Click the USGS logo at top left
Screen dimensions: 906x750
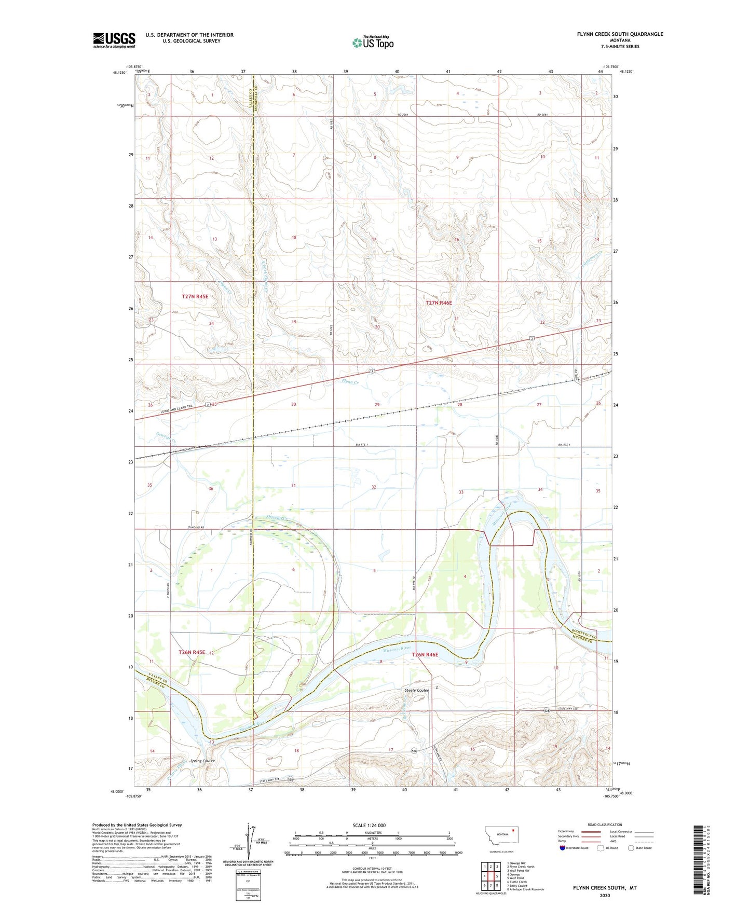pos(114,40)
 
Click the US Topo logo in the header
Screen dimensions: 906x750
pos(373,43)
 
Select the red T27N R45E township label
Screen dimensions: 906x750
pos(195,296)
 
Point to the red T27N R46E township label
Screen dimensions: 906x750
pos(439,303)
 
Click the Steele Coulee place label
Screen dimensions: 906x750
pos(417,690)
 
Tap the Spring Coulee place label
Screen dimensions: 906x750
pos(202,761)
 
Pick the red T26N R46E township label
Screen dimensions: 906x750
pos(425,655)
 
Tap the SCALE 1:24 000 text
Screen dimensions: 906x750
pos(369,825)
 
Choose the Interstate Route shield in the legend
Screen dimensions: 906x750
pos(563,848)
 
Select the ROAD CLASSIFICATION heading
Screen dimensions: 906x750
pos(605,825)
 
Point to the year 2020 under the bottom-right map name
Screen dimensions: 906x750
pos(605,895)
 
